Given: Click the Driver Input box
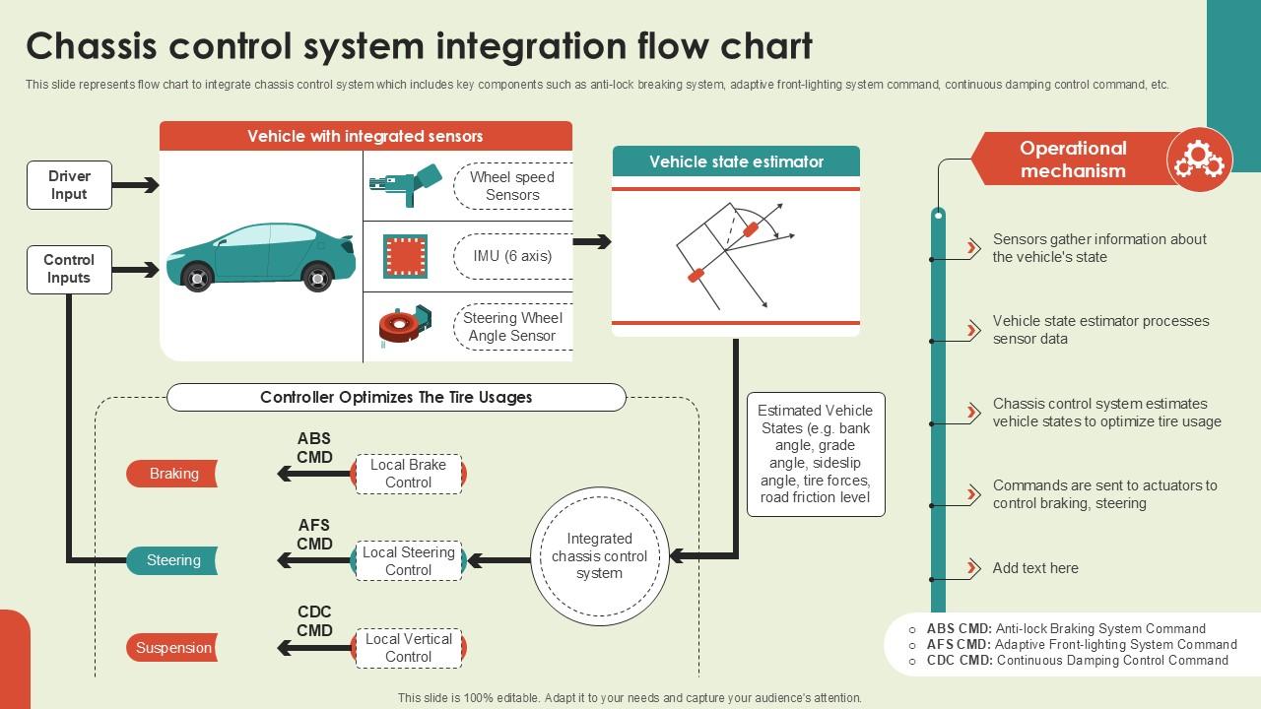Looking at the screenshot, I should pyautogui.click(x=69, y=185).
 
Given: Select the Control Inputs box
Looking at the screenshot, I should pyautogui.click(x=69, y=269).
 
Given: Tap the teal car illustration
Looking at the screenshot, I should pyautogui.click(x=261, y=257).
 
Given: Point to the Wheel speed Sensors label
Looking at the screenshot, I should pyautogui.click(x=512, y=186).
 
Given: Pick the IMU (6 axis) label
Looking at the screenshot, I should pyautogui.click(x=512, y=256).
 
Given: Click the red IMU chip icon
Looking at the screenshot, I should pyautogui.click(x=405, y=256).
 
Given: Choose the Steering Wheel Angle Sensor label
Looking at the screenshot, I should pyautogui.click(x=512, y=327).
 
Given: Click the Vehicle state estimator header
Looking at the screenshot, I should pyautogui.click(x=736, y=161).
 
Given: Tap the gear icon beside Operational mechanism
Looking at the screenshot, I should pyautogui.click(x=1200, y=159).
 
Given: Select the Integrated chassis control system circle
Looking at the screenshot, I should pyautogui.click(x=599, y=556).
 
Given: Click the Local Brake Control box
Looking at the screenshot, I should pyautogui.click(x=408, y=474).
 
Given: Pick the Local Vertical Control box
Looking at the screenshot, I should pyautogui.click(x=408, y=648).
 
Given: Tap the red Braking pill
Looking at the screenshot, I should pyautogui.click(x=172, y=474).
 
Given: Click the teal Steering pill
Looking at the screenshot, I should pyautogui.click(x=172, y=560).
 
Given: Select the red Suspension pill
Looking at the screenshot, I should pyautogui.click(x=172, y=648).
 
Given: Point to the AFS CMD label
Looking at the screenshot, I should pyautogui.click(x=314, y=535).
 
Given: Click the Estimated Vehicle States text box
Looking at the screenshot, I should pyautogui.click(x=815, y=454).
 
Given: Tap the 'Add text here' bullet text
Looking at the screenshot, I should pyautogui.click(x=1035, y=568).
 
